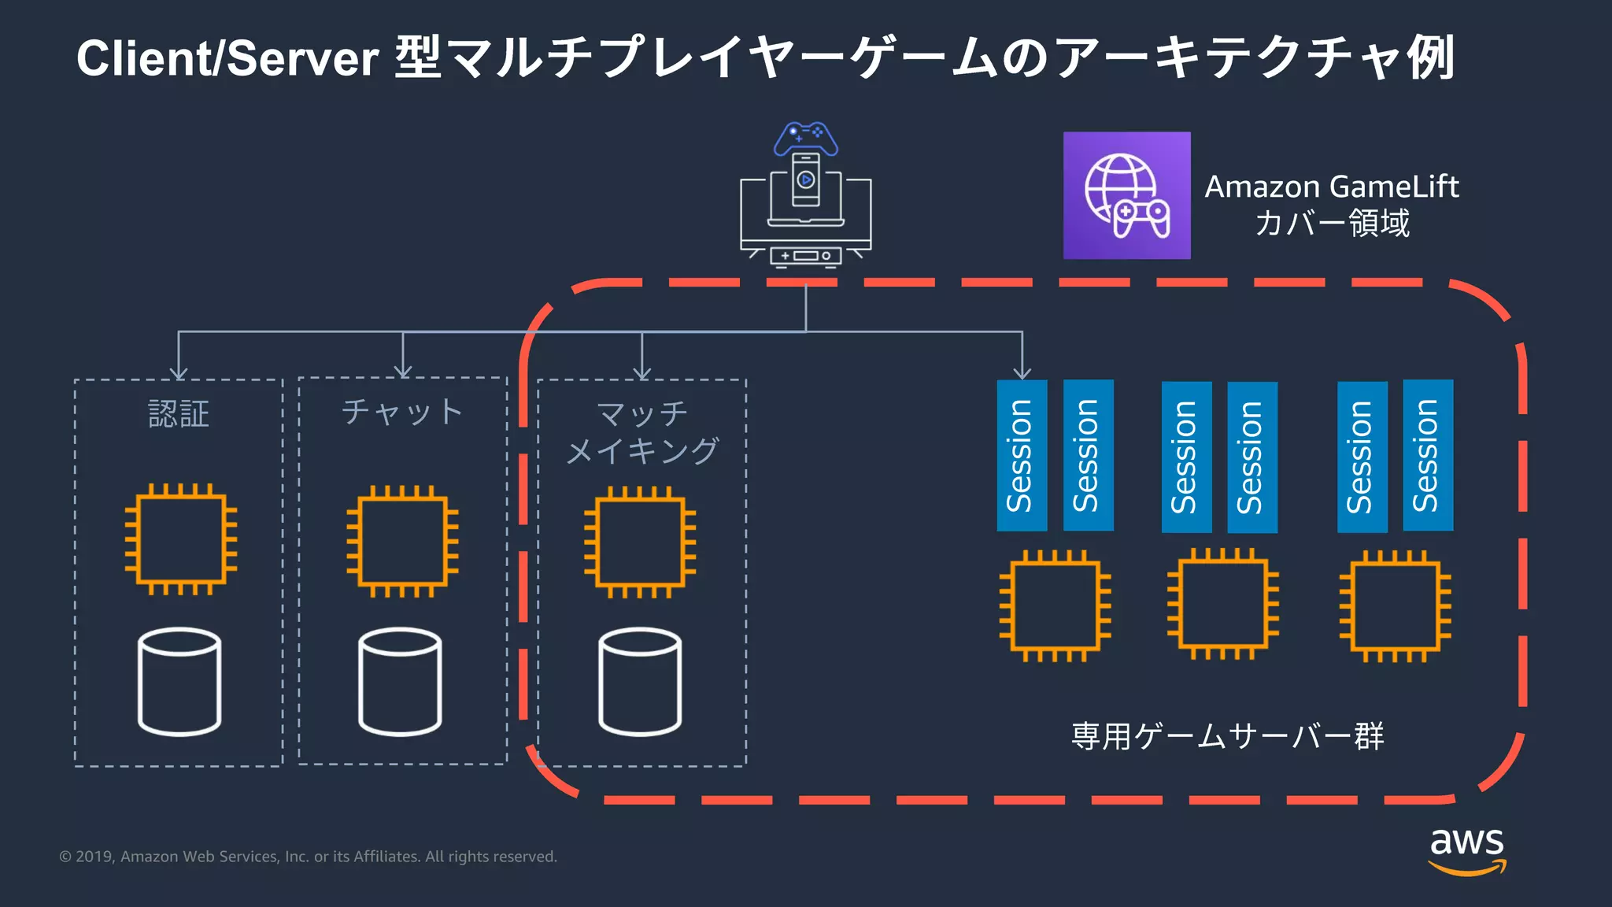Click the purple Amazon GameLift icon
click(x=1126, y=195)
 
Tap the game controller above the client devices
click(x=805, y=139)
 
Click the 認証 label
click(x=179, y=414)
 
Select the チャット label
click(x=402, y=412)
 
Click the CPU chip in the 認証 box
click(x=180, y=539)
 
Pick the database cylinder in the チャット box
click(x=400, y=682)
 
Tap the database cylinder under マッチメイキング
click(x=640, y=682)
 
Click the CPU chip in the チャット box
click(x=402, y=541)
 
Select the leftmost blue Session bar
click(x=1022, y=455)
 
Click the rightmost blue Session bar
click(x=1428, y=455)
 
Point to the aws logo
click(x=1467, y=850)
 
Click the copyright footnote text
click(x=308, y=857)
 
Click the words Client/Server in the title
click(x=228, y=58)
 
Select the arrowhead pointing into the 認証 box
click(x=179, y=372)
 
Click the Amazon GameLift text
click(x=1332, y=187)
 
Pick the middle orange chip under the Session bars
click(x=1223, y=604)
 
